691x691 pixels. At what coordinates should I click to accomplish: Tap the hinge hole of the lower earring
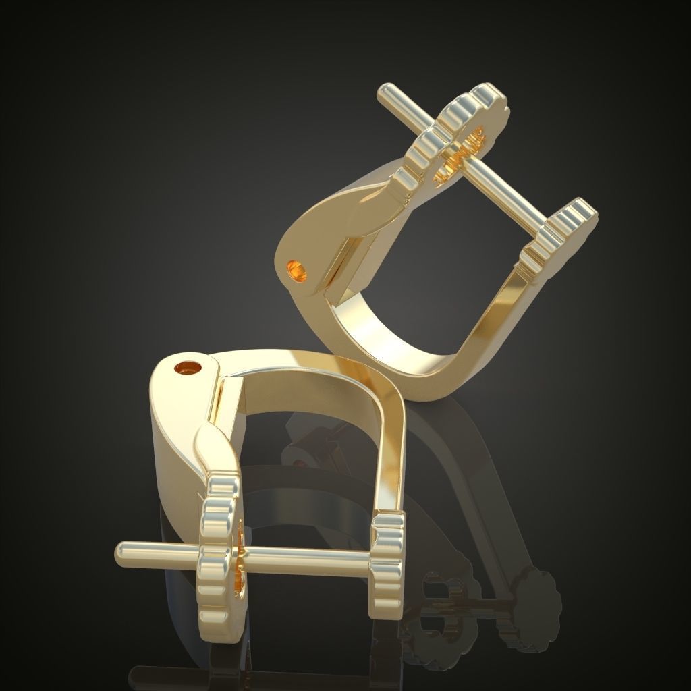[188, 368]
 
